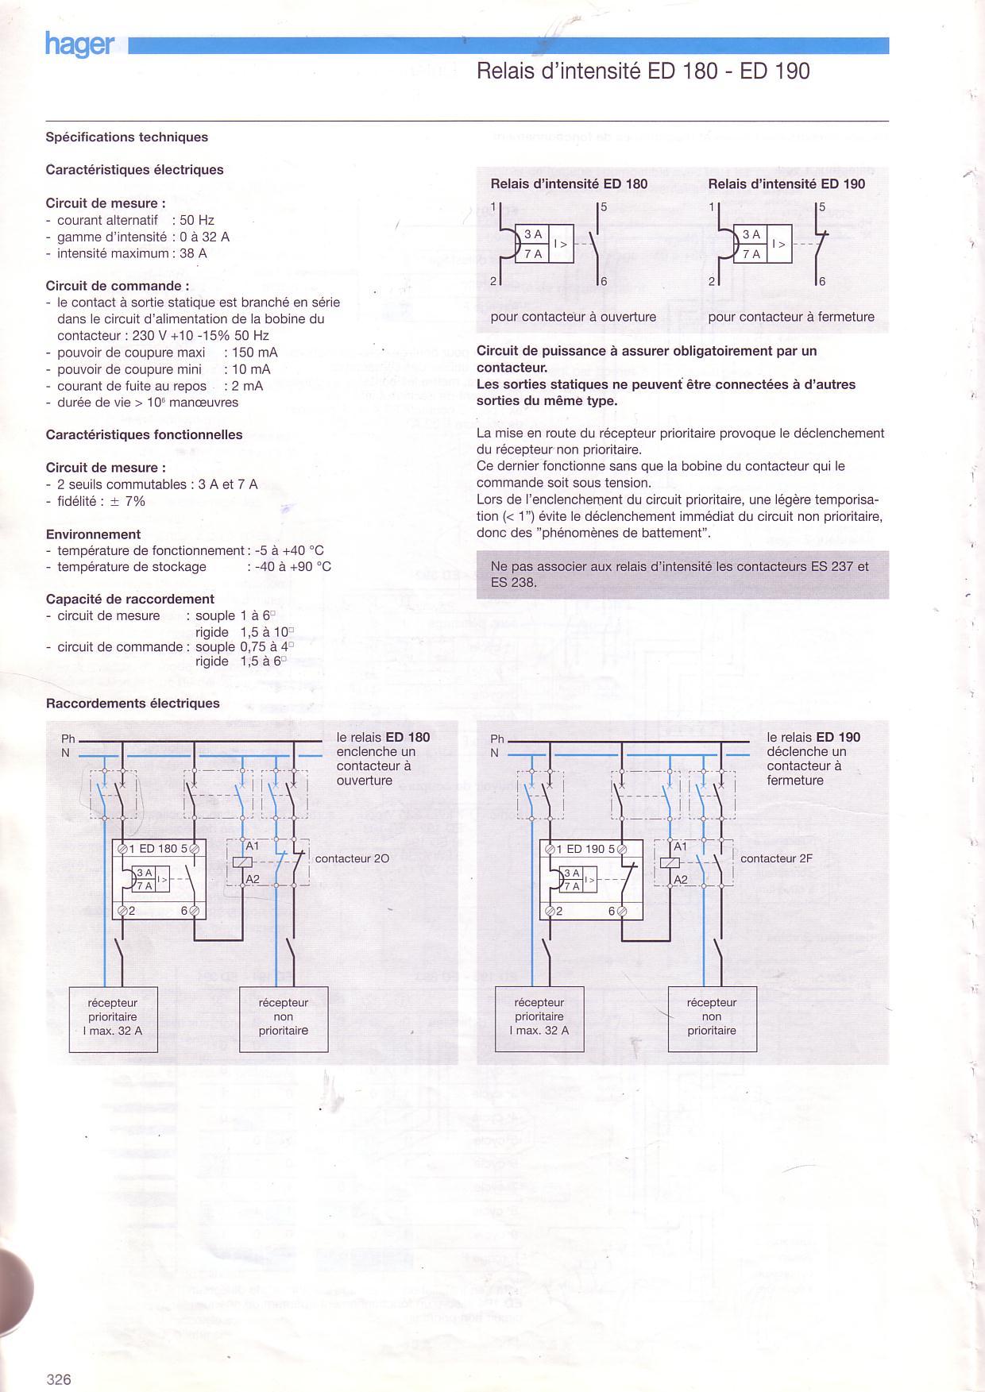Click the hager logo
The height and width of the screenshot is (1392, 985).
(79, 44)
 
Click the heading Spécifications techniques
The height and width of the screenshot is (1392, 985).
(127, 137)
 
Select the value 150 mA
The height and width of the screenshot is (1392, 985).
(255, 353)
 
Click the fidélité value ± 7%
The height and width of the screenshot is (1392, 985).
(124, 501)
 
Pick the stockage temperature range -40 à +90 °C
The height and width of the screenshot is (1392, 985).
(293, 566)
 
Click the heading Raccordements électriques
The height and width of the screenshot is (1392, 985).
(133, 703)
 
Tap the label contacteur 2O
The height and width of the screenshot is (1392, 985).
(352, 858)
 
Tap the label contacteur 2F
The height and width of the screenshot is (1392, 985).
(776, 858)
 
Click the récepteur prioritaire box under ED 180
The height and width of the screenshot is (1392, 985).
(114, 1020)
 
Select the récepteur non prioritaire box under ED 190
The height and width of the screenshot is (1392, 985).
(713, 1019)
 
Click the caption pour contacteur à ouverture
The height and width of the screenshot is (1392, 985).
(574, 317)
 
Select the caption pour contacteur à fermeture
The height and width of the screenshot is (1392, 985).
(791, 317)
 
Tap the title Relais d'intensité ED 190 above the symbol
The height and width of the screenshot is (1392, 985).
(786, 183)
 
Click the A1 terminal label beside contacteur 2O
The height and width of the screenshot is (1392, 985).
(253, 846)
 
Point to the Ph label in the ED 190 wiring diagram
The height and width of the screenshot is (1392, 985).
(497, 738)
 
